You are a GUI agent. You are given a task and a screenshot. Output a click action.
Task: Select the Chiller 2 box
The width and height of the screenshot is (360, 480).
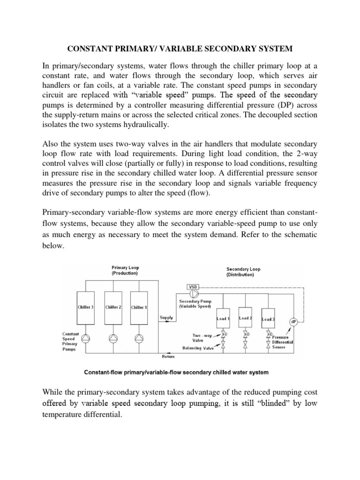pos(112,307)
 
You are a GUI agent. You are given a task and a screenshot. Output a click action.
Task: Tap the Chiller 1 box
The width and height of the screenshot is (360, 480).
pos(138,307)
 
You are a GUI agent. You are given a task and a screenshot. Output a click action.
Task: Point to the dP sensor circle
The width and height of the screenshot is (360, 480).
pos(293,322)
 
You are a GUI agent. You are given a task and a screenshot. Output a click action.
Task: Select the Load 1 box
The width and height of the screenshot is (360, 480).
pos(223,319)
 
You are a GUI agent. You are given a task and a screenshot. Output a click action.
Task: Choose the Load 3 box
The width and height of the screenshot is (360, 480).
pos(268,319)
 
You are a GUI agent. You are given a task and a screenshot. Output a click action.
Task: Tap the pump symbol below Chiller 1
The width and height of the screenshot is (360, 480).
pos(138,337)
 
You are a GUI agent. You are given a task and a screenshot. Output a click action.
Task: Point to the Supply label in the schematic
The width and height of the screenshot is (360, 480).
pos(166,317)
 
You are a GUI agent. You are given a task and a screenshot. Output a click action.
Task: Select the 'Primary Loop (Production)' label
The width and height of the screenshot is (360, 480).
pos(125,270)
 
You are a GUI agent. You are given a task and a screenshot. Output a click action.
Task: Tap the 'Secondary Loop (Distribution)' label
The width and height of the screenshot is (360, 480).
pos(244,272)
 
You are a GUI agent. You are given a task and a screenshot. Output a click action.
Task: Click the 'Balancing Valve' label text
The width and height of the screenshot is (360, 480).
pos(197,348)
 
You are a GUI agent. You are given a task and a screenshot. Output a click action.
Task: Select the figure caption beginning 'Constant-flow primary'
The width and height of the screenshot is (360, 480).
pos(176,373)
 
